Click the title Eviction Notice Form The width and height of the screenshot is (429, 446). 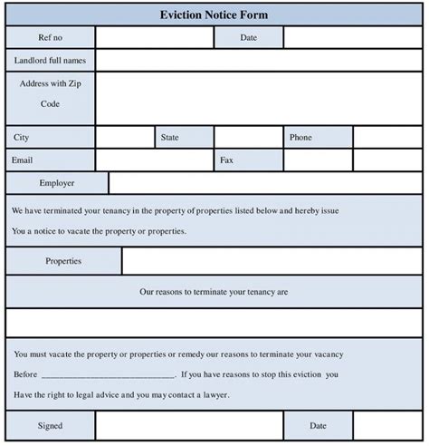(x=214, y=15)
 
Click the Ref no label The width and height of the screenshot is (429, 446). (x=50, y=37)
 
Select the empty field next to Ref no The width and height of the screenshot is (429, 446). (x=154, y=37)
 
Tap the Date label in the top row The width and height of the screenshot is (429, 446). (x=249, y=37)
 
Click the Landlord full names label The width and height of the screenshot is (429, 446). (x=50, y=60)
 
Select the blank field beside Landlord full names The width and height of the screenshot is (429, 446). (x=260, y=60)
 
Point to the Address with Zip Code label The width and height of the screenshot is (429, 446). (x=50, y=93)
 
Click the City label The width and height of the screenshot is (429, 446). (x=22, y=138)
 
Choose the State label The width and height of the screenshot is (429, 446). (x=170, y=138)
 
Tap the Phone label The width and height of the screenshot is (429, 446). (x=301, y=138)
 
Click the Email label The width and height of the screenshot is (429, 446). (x=24, y=160)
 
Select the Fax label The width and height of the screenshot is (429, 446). (x=226, y=160)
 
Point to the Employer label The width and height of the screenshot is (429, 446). (x=56, y=183)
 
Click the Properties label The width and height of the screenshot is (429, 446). (x=63, y=261)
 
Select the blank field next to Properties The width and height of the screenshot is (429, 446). (x=272, y=261)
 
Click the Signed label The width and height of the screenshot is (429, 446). (x=50, y=425)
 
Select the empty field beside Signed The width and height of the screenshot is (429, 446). (x=188, y=425)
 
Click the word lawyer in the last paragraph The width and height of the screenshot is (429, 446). (x=214, y=395)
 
